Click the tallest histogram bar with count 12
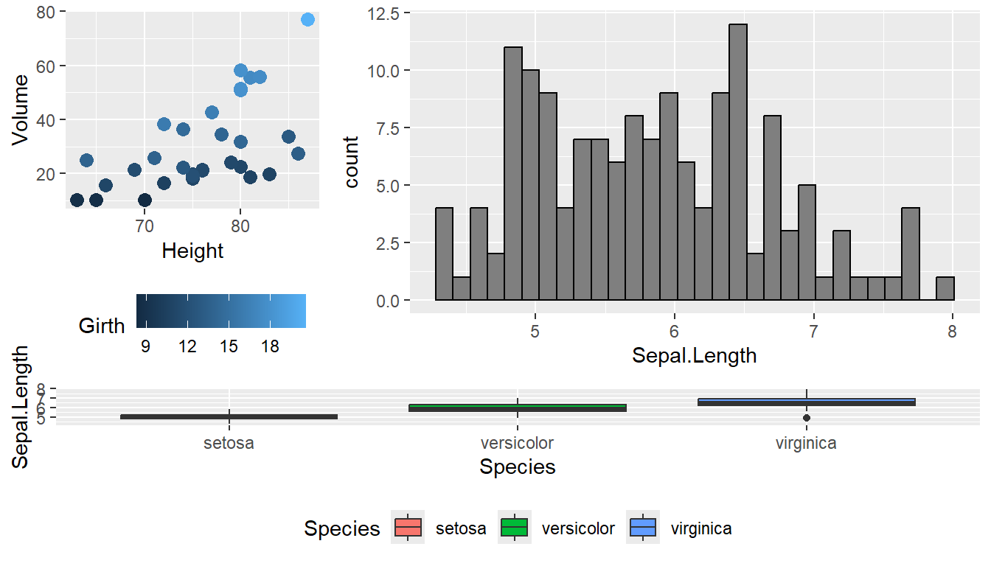(x=738, y=162)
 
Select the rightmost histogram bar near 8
(x=945, y=289)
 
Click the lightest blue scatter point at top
(x=307, y=20)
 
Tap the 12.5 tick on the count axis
(x=383, y=13)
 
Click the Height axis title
(x=192, y=251)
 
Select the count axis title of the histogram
(x=352, y=162)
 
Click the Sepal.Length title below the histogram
(x=694, y=356)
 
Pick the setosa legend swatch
(x=408, y=528)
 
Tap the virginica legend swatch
(x=643, y=528)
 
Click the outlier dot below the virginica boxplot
(x=807, y=418)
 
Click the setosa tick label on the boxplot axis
(x=229, y=444)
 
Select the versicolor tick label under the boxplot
(x=517, y=444)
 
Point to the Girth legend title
(x=102, y=326)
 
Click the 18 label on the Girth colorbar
(x=270, y=346)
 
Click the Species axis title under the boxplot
(x=517, y=467)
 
